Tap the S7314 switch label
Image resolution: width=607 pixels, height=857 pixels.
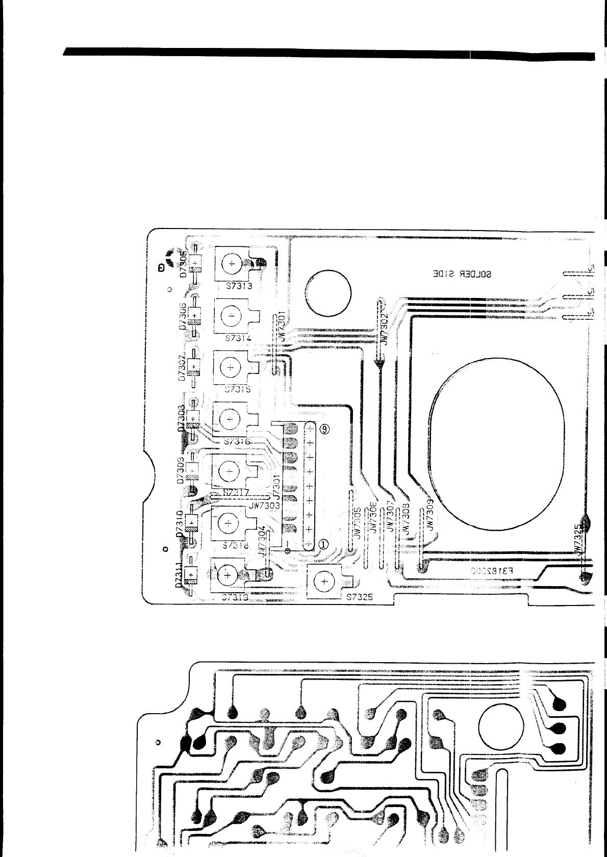[x=238, y=338]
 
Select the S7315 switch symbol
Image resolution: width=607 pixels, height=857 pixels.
[x=230, y=367]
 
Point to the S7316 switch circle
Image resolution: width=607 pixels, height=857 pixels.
[x=230, y=419]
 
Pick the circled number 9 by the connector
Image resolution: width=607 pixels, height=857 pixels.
[x=324, y=429]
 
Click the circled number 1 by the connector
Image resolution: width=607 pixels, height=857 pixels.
[x=324, y=544]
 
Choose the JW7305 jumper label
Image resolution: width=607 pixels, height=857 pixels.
[x=358, y=523]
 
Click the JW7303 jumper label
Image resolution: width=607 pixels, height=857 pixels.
[x=264, y=506]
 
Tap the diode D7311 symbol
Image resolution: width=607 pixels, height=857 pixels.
[x=191, y=575]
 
